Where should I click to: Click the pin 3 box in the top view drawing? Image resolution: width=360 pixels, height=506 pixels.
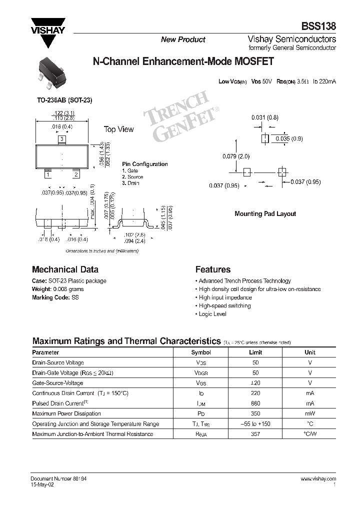[x=61, y=138]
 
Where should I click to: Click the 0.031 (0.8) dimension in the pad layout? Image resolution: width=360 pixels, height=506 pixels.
[x=264, y=117]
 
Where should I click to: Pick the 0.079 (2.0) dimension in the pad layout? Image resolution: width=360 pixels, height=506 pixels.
[x=236, y=156]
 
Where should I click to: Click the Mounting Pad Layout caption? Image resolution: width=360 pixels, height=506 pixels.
[x=265, y=213]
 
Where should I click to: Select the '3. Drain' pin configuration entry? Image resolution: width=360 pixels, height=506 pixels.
[x=130, y=183]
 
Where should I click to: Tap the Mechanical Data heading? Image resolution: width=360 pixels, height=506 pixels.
[x=65, y=269]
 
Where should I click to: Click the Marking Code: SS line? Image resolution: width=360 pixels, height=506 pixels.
[x=55, y=297]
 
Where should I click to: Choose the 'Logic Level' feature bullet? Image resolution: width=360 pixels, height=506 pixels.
[x=212, y=314]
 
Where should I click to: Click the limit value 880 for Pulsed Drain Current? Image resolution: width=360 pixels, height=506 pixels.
[x=255, y=403]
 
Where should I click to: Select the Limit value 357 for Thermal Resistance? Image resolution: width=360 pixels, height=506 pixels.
[x=255, y=434]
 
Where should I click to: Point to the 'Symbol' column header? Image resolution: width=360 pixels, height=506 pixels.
[x=201, y=352]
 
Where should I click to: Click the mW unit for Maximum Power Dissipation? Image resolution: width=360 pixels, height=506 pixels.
[x=310, y=413]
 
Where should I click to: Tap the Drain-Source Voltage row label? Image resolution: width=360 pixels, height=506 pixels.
[x=58, y=362]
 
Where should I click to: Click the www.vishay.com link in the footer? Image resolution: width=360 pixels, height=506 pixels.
[x=318, y=478]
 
